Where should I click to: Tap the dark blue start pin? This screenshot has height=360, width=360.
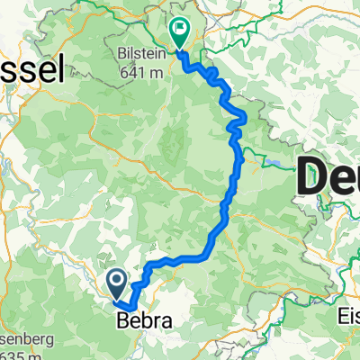click(119, 284)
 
